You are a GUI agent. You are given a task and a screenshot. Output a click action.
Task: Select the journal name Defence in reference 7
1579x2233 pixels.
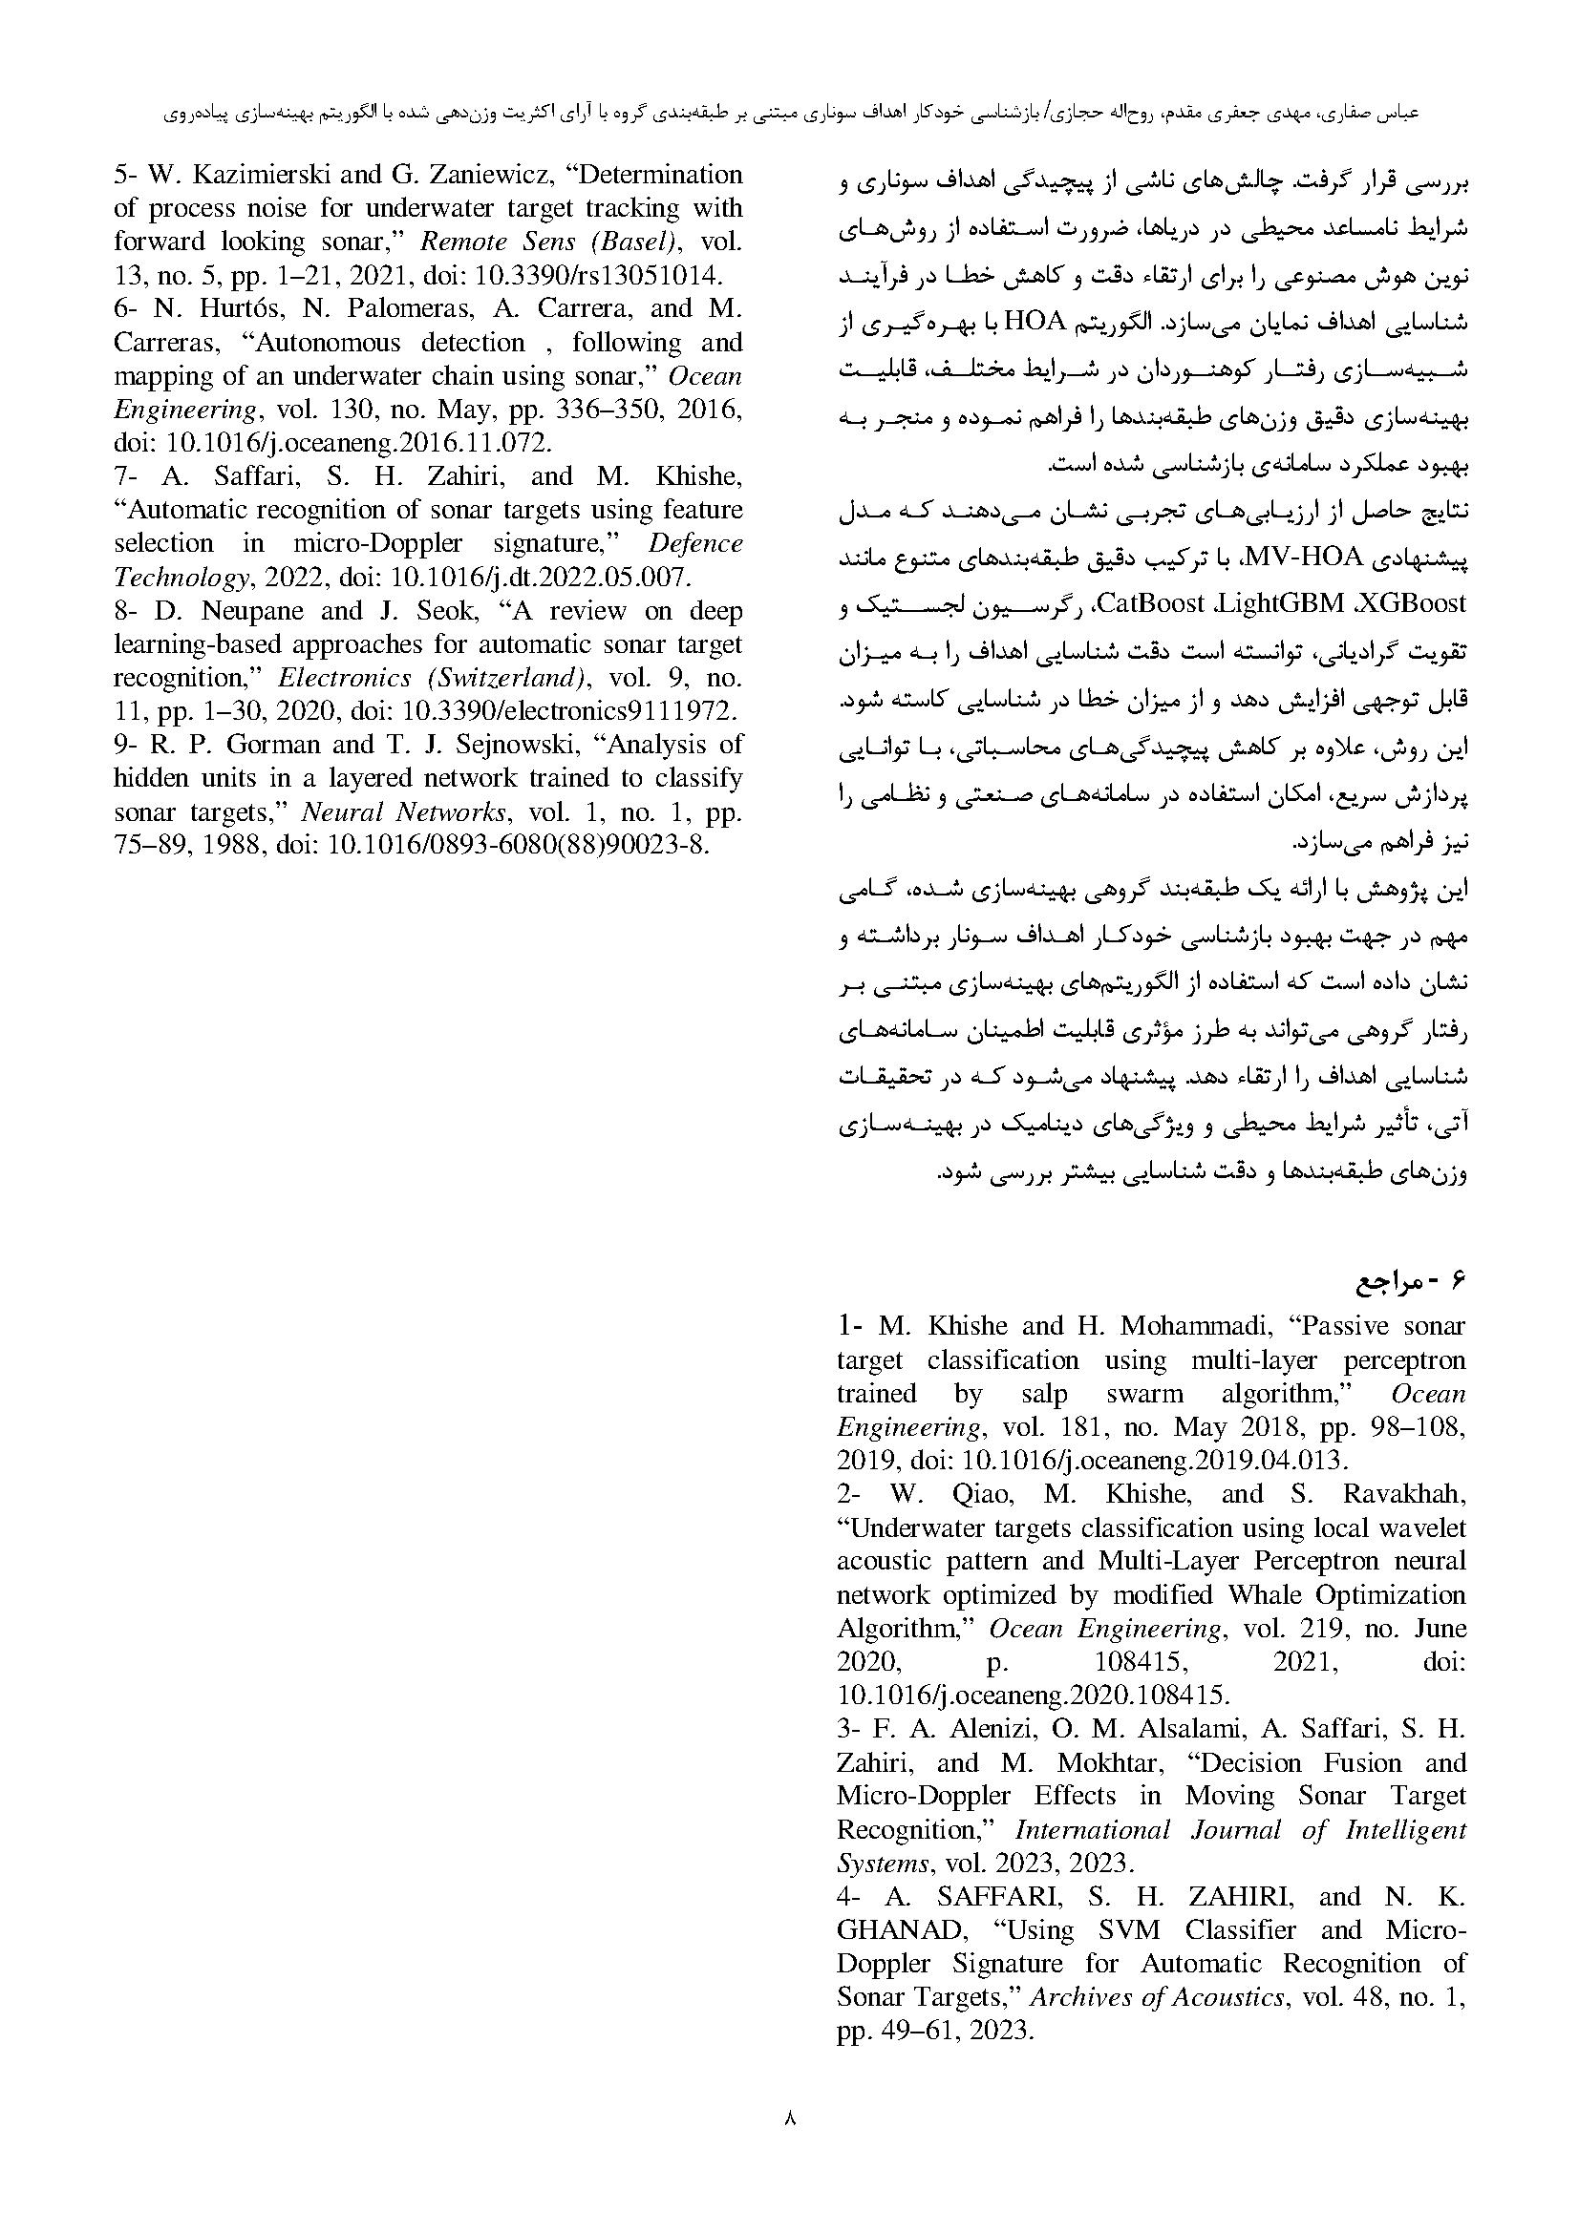695,542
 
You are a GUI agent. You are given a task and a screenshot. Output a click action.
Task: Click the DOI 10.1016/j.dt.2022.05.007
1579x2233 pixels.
540,577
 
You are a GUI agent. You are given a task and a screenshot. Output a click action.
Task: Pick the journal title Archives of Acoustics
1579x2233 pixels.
1157,1996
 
